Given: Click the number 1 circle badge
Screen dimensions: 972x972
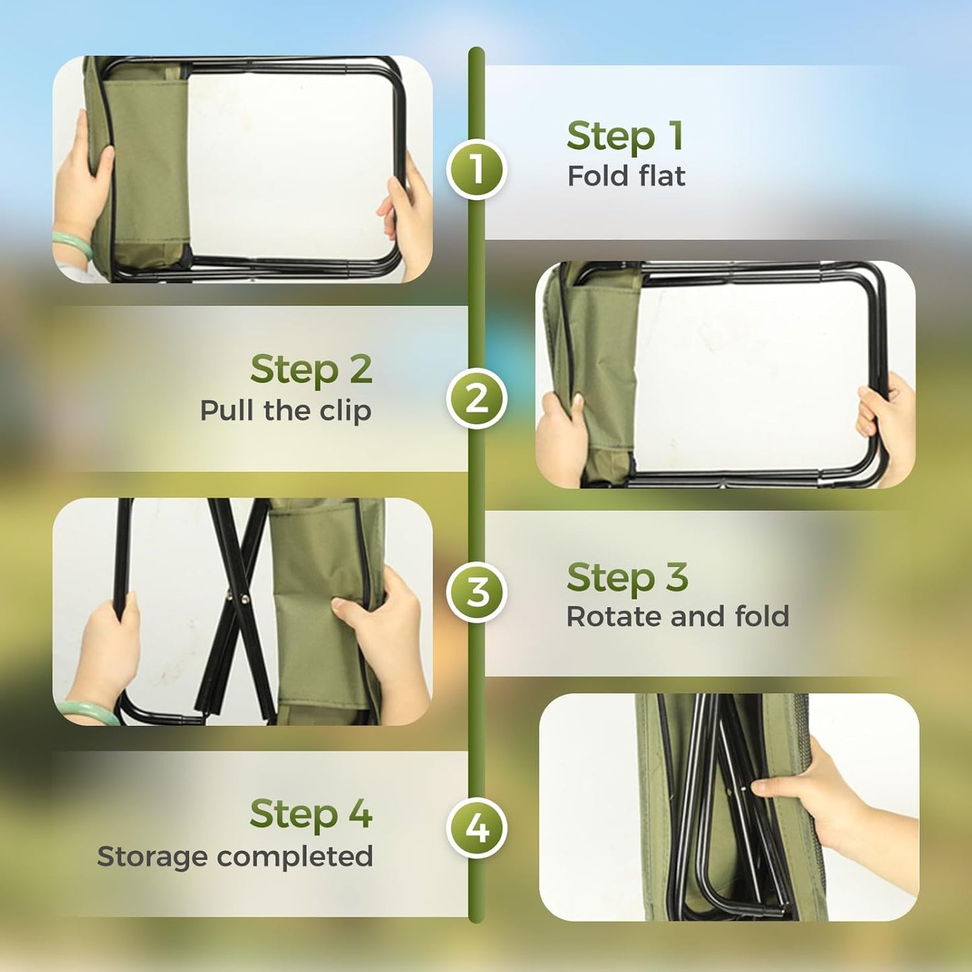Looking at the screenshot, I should click(476, 170).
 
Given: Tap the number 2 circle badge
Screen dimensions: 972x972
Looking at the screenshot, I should click(476, 398).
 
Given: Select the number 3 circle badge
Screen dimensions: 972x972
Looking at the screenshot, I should click(476, 592).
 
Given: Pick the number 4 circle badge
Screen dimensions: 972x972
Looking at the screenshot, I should click(476, 827).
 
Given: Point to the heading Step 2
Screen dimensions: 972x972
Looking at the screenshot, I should click(311, 369).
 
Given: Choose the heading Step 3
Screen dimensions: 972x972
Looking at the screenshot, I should click(627, 578).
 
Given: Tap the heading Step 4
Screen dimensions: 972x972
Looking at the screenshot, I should click(311, 814).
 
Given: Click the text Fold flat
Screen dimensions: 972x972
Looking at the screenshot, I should click(626, 176).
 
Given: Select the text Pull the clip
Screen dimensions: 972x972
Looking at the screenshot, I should click(285, 410).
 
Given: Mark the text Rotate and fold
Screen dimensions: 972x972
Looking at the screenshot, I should click(677, 616).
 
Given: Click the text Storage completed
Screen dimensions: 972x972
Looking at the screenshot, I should click(235, 856).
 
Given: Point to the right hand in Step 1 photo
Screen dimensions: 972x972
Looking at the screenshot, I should click(408, 219).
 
